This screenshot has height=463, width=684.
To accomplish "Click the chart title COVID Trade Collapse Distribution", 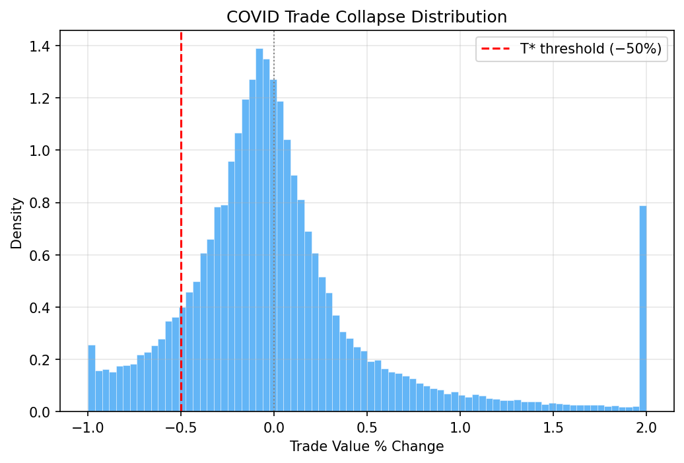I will tap(366, 17).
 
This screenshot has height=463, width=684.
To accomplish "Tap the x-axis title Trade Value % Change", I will tap(366, 446).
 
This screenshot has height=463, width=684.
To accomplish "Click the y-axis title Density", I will tap(17, 223).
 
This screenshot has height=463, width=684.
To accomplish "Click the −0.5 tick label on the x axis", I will tap(181, 427).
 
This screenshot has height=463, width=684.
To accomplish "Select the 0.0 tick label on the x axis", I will tap(274, 427).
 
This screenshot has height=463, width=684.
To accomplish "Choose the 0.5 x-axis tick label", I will tap(367, 427).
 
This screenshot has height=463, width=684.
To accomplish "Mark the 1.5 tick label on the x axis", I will tap(553, 427).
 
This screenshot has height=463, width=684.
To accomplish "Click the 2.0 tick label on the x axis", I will tap(646, 427).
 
